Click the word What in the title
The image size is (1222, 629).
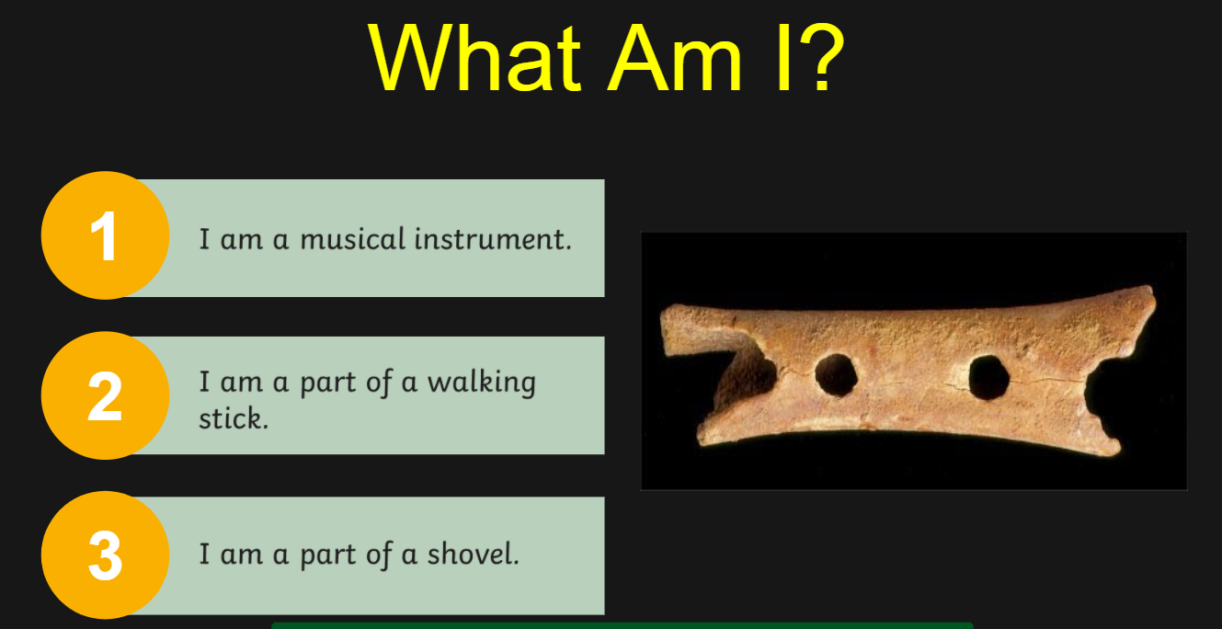pyautogui.click(x=475, y=57)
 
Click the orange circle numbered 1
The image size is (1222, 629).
pyautogui.click(x=106, y=235)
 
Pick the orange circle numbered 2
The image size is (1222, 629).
pyautogui.click(x=106, y=395)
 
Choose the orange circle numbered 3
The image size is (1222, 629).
pyautogui.click(x=106, y=555)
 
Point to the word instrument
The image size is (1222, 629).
pyautogui.click(x=493, y=239)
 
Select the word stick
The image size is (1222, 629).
pyautogui.click(x=234, y=418)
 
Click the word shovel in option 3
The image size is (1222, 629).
pyautogui.click(x=473, y=554)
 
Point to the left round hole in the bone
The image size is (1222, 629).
pyautogui.click(x=836, y=375)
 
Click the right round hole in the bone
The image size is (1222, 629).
pyautogui.click(x=988, y=378)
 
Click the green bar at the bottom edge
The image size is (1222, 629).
pyautogui.click(x=622, y=625)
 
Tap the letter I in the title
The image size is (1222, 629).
pyautogui.click(x=782, y=57)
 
